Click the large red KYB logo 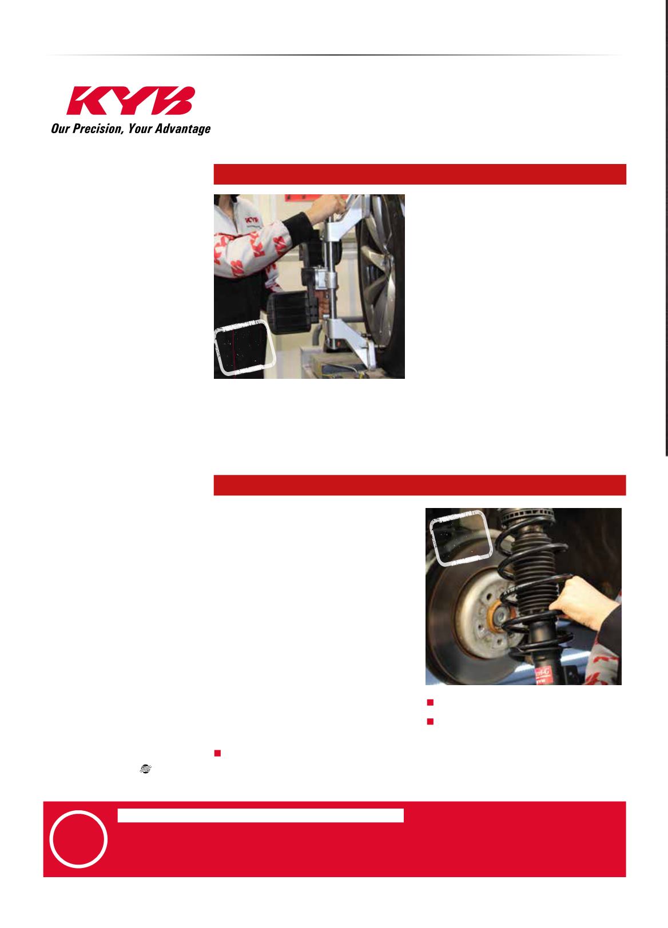click(130, 101)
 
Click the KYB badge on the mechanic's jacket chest click(252, 220)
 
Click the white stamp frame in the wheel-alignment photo click(245, 347)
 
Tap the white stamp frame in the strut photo click(461, 538)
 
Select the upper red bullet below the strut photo click(430, 702)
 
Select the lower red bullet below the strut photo click(430, 721)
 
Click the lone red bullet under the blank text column click(217, 753)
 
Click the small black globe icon click(145, 769)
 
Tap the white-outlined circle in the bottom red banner click(78, 839)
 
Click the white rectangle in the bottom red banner click(260, 815)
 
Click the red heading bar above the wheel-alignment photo click(420, 174)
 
